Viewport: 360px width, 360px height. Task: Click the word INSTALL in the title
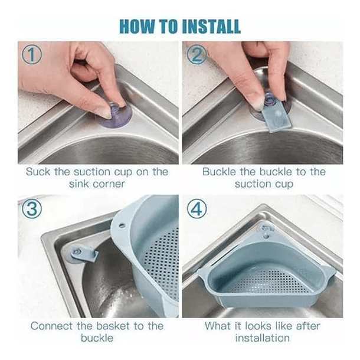tap(211, 27)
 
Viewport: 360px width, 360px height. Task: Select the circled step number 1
tap(32, 54)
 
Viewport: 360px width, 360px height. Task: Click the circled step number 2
tap(197, 54)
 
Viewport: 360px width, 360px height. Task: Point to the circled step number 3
tap(32, 209)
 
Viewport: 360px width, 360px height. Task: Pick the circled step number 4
tap(197, 209)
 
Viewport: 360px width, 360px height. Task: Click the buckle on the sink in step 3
tap(84, 254)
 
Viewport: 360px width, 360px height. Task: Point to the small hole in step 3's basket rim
tap(122, 225)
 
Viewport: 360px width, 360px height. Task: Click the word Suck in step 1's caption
tap(38, 172)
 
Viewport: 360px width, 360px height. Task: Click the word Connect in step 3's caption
tap(51, 326)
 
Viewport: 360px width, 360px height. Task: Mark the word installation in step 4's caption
tap(263, 338)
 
